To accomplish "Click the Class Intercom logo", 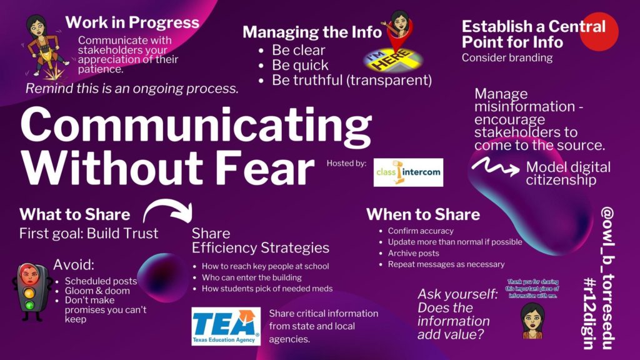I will tap(408, 172).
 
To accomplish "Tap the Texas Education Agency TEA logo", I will tap(226, 326).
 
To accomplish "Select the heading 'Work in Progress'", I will tap(132, 23).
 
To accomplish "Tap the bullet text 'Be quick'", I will tap(300, 64).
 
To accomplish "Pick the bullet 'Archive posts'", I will tap(413, 253).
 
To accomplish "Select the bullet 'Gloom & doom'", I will tap(97, 291).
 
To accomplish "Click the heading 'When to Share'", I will tap(423, 214).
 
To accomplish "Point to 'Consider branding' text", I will tap(507, 58).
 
